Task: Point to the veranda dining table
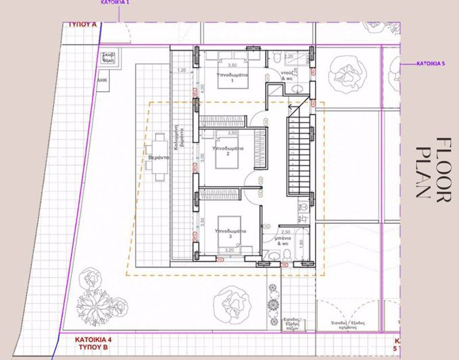(x=161, y=157)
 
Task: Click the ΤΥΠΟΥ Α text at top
(x=83, y=24)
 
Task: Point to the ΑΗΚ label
(x=103, y=79)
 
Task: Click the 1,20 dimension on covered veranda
(x=180, y=70)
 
